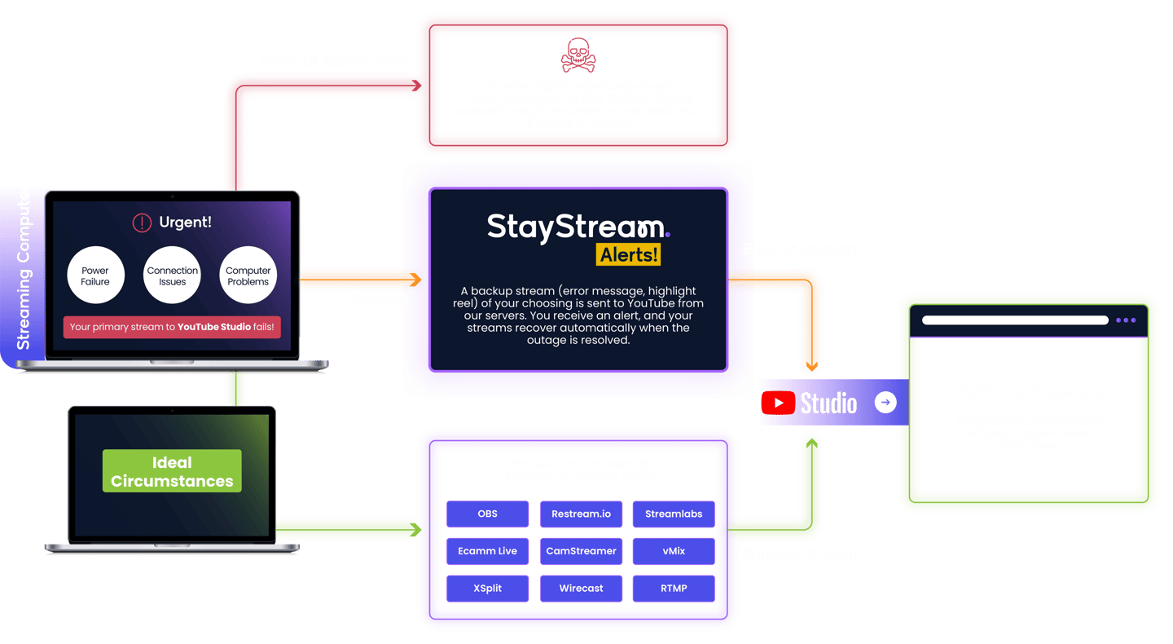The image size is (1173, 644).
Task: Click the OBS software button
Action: (x=487, y=514)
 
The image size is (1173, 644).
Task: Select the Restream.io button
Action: (x=581, y=514)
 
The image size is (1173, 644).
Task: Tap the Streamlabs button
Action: (x=674, y=514)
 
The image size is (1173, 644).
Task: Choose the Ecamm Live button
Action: (x=487, y=551)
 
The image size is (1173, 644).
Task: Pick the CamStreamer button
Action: (x=581, y=551)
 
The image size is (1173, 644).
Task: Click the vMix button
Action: (x=674, y=551)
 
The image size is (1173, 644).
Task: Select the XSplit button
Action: (x=487, y=589)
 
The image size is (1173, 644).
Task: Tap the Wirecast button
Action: (x=581, y=589)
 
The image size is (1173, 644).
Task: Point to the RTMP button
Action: (x=674, y=589)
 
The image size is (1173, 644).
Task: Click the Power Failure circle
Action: (x=95, y=276)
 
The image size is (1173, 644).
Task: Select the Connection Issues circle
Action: (x=172, y=276)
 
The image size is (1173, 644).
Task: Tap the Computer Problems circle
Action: (x=248, y=276)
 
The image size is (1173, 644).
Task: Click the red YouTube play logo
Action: (x=778, y=403)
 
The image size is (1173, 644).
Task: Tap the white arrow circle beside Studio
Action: (x=885, y=402)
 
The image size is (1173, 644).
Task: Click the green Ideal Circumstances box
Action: (x=172, y=471)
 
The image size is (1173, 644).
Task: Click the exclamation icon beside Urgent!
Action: (x=143, y=223)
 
